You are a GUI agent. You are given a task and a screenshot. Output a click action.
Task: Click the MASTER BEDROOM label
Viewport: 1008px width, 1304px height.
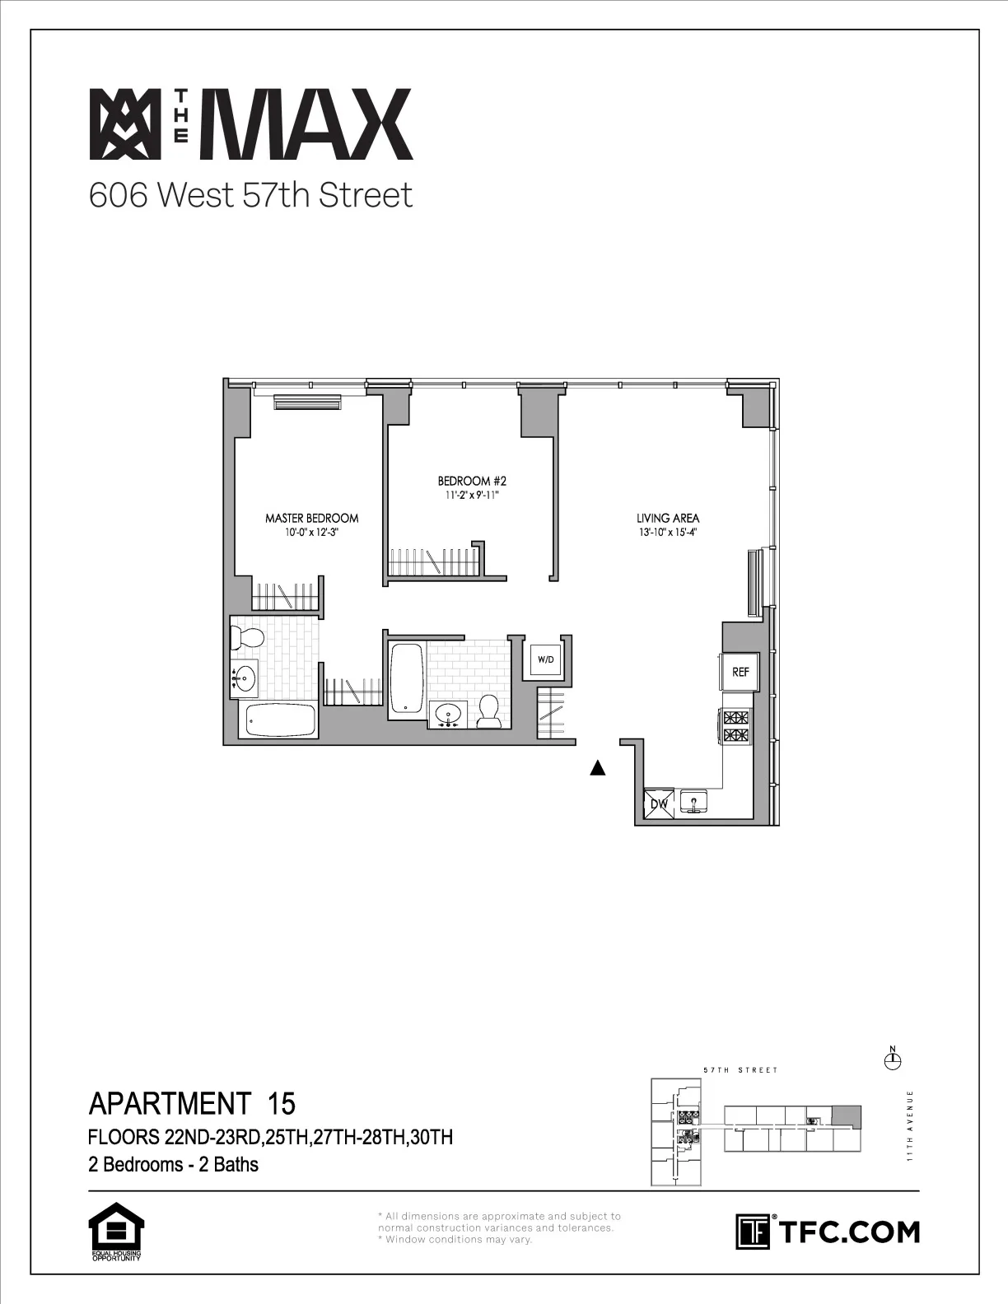coord(311,518)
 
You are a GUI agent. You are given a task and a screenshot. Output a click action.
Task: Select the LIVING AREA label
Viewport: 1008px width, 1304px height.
coord(667,518)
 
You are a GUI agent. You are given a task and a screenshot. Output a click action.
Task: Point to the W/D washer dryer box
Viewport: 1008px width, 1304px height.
coord(545,659)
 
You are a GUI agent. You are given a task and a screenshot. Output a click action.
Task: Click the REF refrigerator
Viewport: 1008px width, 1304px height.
coord(740,672)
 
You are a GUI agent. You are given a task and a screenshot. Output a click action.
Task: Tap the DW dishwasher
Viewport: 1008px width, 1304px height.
coord(659,803)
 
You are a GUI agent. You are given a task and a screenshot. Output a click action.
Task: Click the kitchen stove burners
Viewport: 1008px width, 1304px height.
coord(736,726)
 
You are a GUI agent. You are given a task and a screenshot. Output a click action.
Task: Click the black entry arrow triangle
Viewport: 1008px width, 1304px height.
coord(598,769)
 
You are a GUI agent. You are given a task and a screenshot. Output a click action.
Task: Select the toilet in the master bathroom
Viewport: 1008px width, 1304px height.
coord(246,636)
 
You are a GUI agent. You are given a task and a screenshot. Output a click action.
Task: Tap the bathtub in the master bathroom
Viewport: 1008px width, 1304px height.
coord(280,721)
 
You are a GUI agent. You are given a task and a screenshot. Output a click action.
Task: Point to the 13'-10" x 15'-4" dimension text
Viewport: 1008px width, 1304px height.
coord(667,532)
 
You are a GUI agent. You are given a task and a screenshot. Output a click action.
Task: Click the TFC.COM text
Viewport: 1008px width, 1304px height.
coord(848,1232)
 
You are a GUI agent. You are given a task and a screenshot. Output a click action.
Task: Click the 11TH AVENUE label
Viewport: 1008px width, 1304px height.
coord(910,1125)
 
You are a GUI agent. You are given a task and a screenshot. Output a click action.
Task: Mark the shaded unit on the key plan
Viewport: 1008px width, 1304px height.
coord(845,1117)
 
